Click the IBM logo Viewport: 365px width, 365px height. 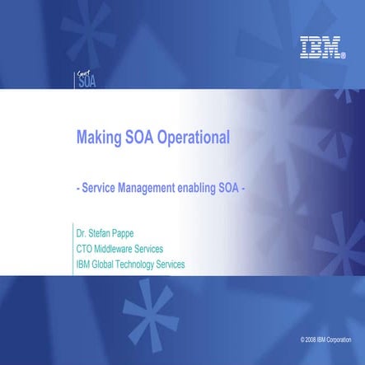click(x=321, y=47)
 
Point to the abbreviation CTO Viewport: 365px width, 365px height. click(x=84, y=249)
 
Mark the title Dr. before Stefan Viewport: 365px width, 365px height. click(x=81, y=234)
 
